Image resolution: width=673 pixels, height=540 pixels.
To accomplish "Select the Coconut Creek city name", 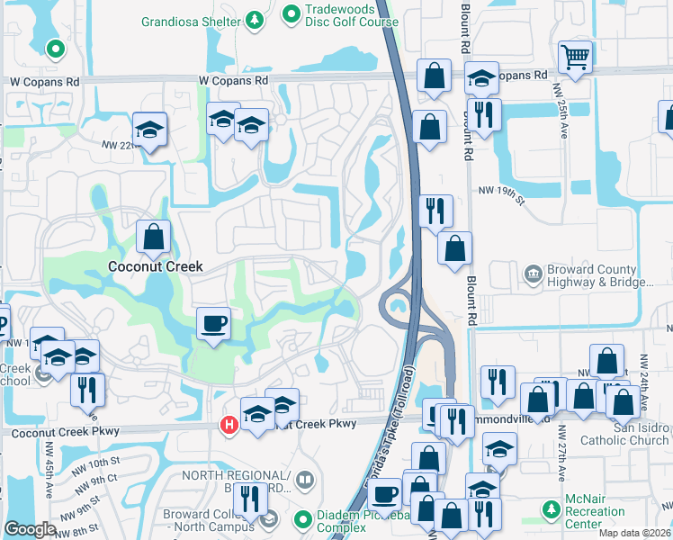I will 155,266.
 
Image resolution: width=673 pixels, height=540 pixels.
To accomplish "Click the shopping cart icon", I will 575,57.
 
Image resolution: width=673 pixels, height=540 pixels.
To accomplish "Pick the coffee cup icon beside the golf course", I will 213,324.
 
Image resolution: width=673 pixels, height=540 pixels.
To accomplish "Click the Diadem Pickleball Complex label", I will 357,521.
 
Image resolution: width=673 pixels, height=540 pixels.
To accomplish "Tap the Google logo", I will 30,528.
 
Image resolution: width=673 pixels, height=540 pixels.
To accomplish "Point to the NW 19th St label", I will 499,191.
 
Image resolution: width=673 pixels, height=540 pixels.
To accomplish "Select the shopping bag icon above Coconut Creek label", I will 154,238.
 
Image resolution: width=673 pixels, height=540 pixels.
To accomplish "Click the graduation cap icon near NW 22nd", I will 150,130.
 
